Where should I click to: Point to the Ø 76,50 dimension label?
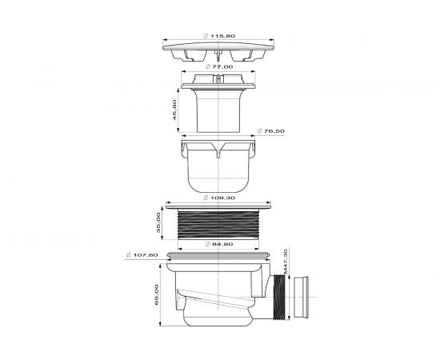coord(270,129)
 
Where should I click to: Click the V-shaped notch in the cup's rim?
coord(219,148)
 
